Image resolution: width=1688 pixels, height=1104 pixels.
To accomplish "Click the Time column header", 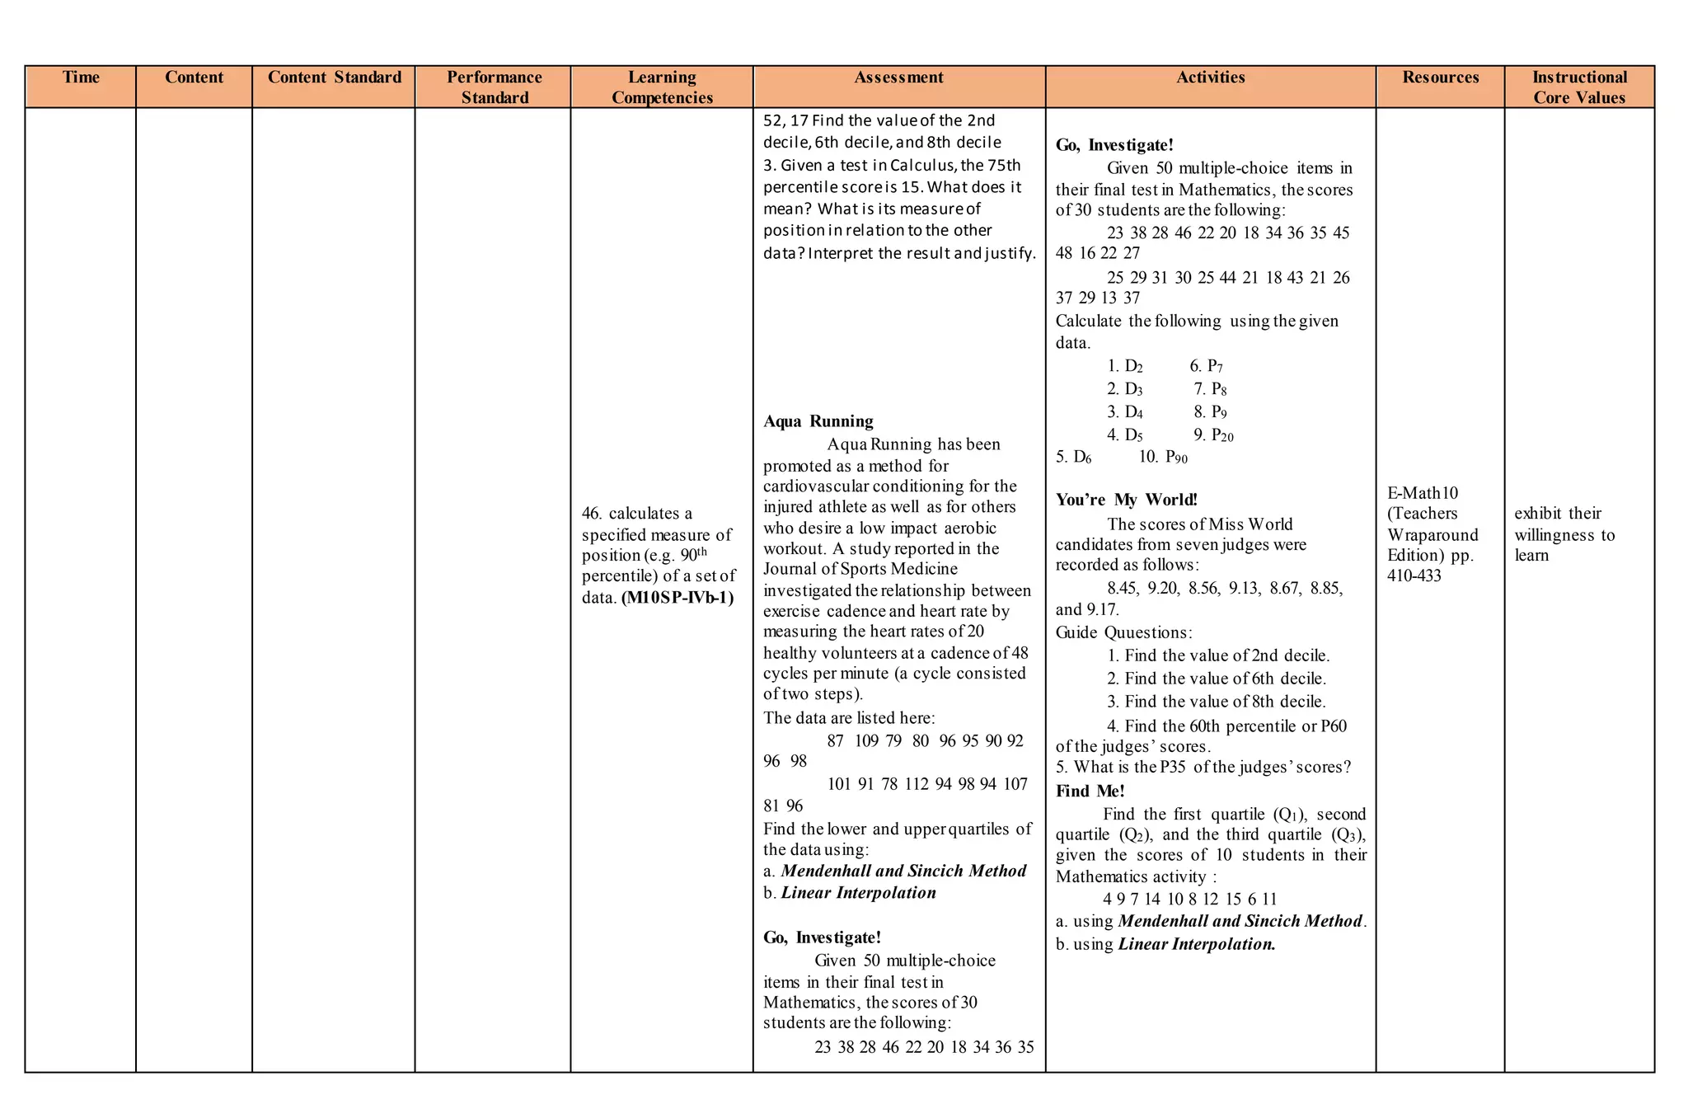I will click(81, 78).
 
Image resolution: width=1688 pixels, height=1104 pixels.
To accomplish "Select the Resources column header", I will click(1440, 78).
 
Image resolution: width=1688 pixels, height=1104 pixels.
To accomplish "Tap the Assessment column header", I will click(898, 78).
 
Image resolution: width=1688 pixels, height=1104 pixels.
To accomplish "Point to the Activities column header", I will click(1210, 78).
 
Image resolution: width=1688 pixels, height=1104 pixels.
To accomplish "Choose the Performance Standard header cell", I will click(494, 87).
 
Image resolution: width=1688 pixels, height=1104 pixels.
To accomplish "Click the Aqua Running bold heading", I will click(818, 421).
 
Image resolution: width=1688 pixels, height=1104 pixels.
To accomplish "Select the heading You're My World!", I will click(1126, 500).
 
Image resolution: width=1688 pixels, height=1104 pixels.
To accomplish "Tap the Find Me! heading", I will click(1090, 792).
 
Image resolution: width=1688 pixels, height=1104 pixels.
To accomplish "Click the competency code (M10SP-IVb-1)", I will click(678, 598).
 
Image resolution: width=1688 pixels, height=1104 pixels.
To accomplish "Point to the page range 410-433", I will click(1414, 576).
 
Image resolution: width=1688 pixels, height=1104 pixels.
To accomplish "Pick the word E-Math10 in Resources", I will click(1423, 493).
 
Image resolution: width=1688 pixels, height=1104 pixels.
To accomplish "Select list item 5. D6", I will click(1073, 457).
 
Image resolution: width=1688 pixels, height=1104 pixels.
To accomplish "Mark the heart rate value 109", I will click(866, 741).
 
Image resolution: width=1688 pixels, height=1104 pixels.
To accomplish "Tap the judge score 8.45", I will click(1122, 589).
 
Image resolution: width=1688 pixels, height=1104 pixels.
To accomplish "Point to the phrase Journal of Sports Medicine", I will click(860, 569).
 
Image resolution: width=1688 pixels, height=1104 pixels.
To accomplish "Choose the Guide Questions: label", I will click(1123, 633).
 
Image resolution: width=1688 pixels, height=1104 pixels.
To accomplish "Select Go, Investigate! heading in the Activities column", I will click(1114, 146).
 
